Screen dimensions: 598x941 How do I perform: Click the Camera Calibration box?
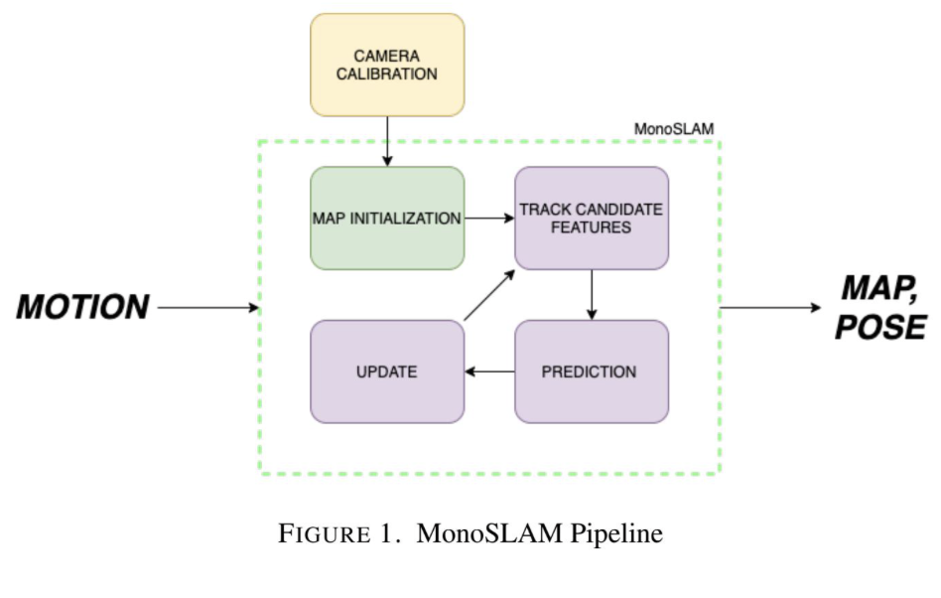[387, 65]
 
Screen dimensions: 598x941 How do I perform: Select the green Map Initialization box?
[387, 218]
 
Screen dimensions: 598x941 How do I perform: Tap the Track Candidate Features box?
[591, 218]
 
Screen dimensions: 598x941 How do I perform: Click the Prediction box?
[591, 372]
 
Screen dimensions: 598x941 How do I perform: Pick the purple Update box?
[387, 372]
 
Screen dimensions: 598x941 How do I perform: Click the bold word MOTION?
[82, 307]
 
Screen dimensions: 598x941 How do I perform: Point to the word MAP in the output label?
[877, 289]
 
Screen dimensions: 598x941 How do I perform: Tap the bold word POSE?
[879, 327]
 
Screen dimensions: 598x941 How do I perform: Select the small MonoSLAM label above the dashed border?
[672, 129]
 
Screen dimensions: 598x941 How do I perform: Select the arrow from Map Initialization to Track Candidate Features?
[488, 218]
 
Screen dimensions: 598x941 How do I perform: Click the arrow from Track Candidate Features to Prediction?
[591, 294]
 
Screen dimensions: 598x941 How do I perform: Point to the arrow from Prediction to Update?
[489, 372]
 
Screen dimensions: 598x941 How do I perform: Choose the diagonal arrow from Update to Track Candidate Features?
[489, 294]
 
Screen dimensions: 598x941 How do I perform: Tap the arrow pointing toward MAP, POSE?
[769, 307]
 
